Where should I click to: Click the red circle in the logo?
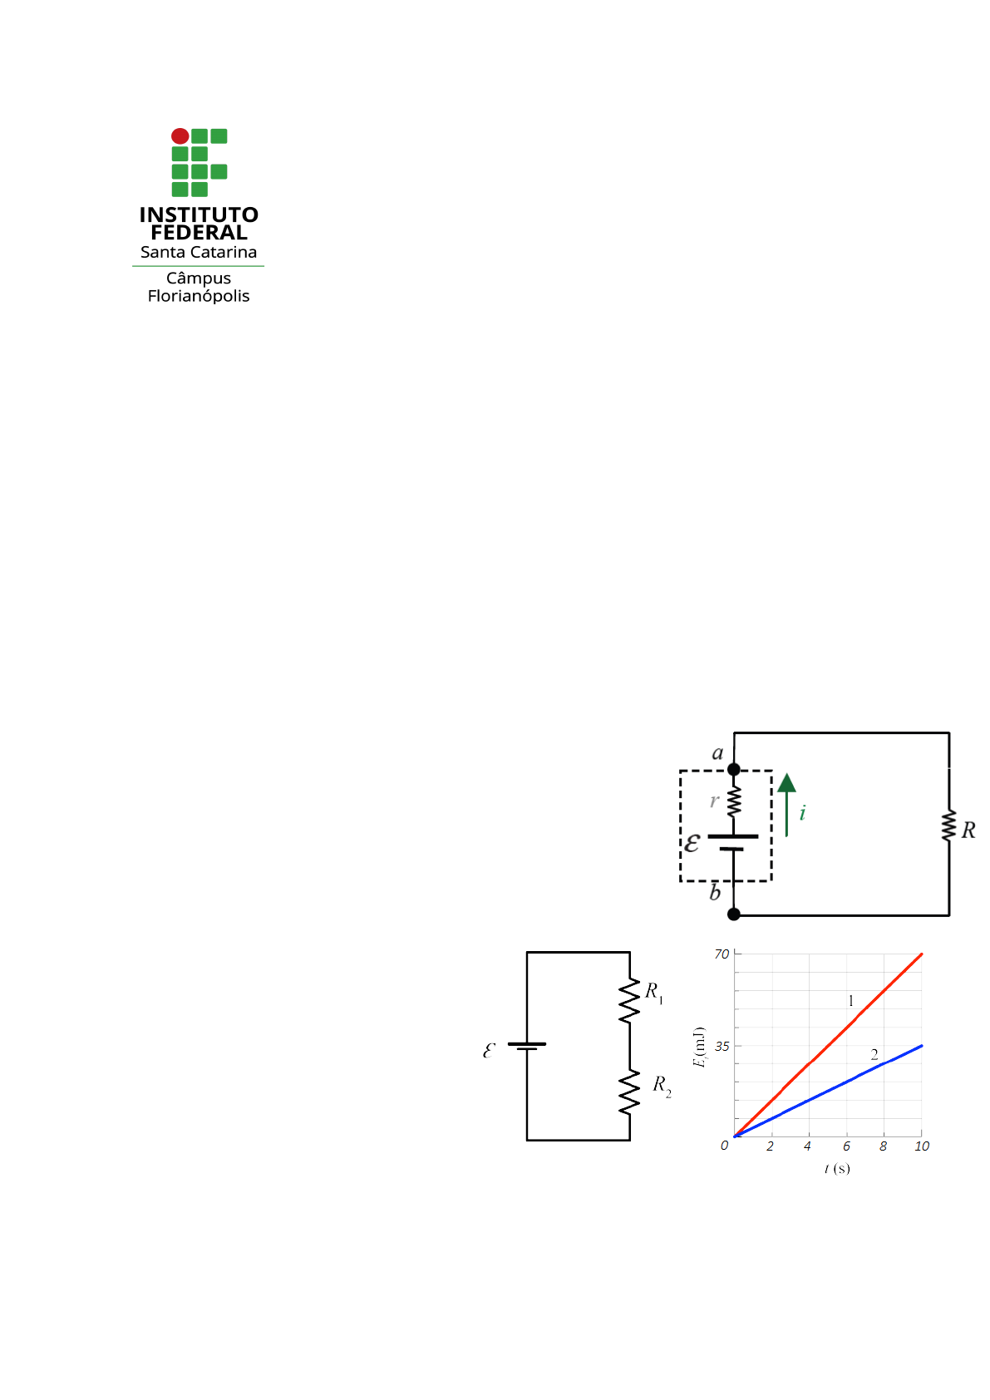pos(180,136)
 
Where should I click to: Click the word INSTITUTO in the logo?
pos(199,215)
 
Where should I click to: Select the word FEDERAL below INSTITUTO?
pos(199,233)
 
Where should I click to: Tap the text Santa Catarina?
pos(199,252)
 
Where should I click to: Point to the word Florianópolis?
pos(199,296)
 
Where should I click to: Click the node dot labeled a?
pos(734,769)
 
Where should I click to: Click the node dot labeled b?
pos(734,914)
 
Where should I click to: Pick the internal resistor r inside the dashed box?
pos(734,802)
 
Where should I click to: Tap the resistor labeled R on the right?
pos(948,826)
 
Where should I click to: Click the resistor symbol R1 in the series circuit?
pos(629,1000)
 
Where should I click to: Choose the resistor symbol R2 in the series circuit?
pos(629,1092)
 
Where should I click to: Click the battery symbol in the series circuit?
pos(527,1046)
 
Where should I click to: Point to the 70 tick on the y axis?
pos(722,954)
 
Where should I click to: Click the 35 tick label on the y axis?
pos(722,1046)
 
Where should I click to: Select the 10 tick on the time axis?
pos(922,1146)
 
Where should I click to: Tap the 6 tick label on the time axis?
pos(846,1146)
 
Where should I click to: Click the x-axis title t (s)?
pos(837,1168)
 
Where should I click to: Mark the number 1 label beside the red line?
pos(850,1001)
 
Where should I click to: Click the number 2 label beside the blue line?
pos(874,1054)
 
